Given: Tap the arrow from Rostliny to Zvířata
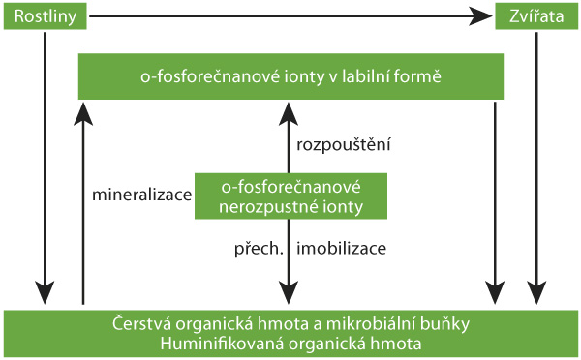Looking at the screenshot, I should click(x=290, y=15).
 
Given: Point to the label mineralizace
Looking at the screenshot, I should click(x=142, y=195).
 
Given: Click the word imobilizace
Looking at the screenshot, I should click(x=342, y=248).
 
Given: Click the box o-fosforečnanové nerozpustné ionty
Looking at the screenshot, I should click(x=290, y=195).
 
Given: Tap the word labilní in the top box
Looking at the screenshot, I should click(x=375, y=75).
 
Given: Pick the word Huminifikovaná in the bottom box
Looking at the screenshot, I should click(x=207, y=343).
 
